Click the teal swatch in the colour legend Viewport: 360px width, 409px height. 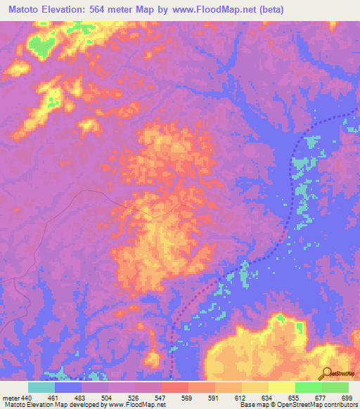(41, 387)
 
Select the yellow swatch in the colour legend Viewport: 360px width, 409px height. (282, 387)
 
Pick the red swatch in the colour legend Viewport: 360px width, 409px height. (175, 387)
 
